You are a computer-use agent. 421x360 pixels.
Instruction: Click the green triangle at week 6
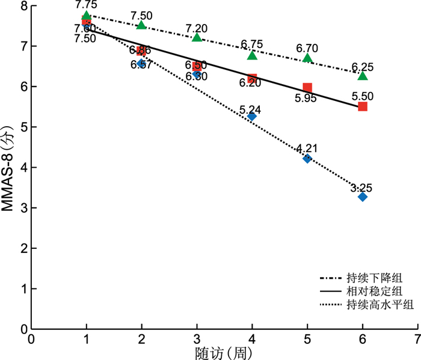click(362, 75)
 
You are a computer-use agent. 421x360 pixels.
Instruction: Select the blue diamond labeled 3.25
click(362, 197)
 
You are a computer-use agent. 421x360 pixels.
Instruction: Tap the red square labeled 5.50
click(362, 106)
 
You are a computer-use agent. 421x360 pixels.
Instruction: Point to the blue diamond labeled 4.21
click(307, 159)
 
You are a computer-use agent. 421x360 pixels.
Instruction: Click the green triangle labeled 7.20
click(197, 37)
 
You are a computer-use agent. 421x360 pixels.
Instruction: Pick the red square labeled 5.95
click(307, 88)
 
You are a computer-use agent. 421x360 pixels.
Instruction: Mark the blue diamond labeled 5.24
click(252, 116)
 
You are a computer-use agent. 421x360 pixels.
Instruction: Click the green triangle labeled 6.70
click(307, 58)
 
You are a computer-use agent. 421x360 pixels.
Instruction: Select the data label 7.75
click(87, 5)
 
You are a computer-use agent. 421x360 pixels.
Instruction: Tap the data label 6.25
click(362, 66)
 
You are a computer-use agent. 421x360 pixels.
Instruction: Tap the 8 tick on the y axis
click(24, 6)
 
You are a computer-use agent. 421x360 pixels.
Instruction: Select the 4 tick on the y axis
click(24, 168)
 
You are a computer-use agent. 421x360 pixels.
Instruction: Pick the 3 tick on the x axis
click(197, 338)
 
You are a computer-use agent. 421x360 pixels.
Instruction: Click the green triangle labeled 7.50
click(141, 25)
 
